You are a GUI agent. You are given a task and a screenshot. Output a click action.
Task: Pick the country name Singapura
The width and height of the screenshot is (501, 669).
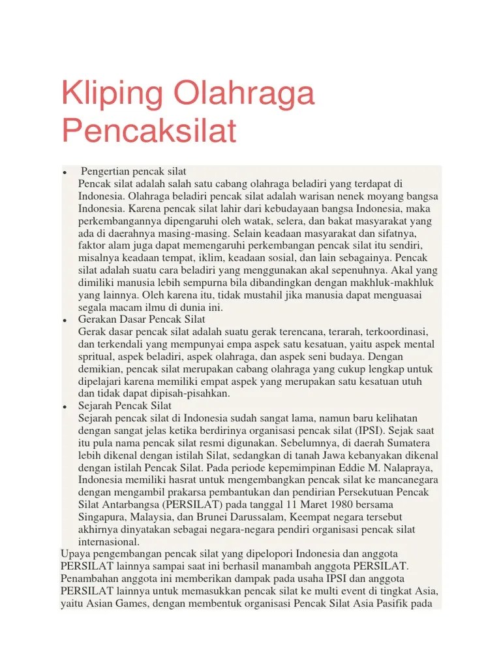[102, 517]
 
